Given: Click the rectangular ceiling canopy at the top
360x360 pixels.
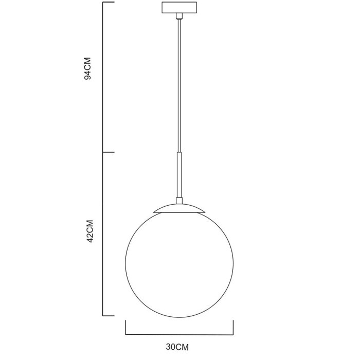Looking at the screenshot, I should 179,8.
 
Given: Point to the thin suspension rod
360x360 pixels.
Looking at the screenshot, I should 179,82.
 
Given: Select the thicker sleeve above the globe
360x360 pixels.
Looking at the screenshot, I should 179,174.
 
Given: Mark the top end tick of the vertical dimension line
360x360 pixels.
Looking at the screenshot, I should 109,3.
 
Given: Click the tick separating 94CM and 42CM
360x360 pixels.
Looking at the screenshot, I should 109,152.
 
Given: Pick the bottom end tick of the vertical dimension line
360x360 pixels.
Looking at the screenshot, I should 109,315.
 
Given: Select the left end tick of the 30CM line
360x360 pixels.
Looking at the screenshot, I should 125,327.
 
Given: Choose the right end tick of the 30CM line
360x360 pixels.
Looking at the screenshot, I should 233,327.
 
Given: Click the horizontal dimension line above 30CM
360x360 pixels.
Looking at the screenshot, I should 179,333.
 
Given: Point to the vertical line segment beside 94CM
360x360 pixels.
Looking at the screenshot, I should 103,77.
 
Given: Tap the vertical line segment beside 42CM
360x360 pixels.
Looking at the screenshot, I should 103,234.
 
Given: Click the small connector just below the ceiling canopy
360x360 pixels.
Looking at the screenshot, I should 179,17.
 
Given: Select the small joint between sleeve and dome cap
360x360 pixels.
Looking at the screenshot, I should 179,200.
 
